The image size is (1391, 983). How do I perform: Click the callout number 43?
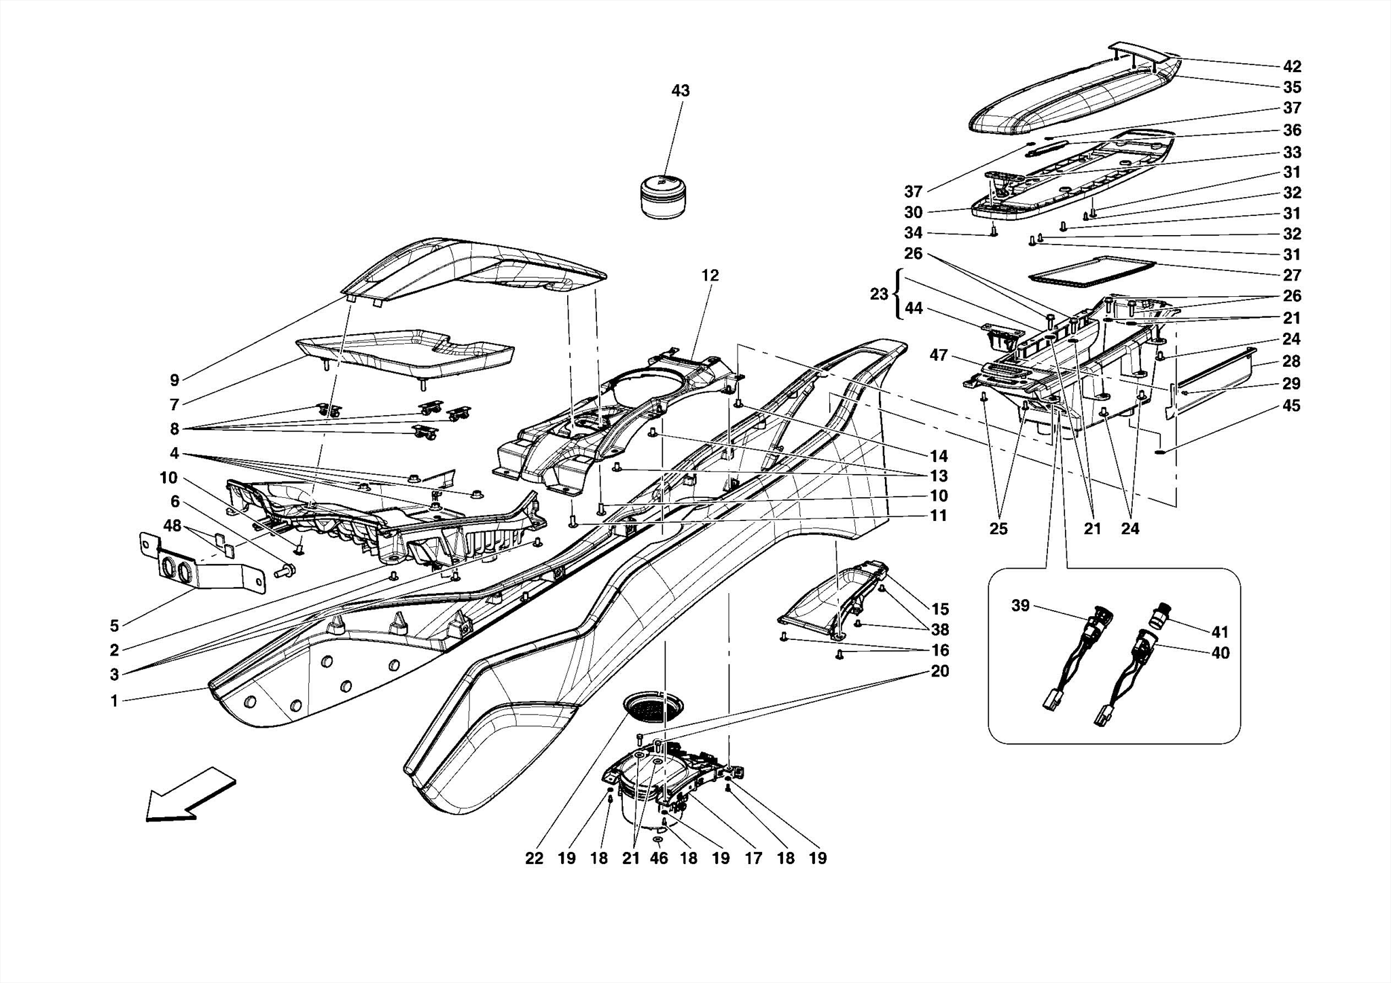click(x=680, y=91)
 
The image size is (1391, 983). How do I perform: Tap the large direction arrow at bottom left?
click(x=190, y=795)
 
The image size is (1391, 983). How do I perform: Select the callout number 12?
click(x=710, y=276)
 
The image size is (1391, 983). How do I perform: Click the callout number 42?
click(x=1292, y=67)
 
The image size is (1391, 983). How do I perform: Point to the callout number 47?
click(x=938, y=355)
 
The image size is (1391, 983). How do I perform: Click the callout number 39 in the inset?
click(x=1020, y=606)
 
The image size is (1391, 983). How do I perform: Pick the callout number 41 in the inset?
click(x=1220, y=632)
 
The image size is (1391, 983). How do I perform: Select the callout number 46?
click(x=658, y=859)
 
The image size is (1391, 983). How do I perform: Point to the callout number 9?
click(x=175, y=380)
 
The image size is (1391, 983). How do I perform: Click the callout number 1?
click(x=115, y=701)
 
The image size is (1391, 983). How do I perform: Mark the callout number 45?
click(x=1291, y=406)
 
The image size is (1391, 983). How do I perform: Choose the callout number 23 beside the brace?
click(x=879, y=295)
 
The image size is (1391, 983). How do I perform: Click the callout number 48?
click(x=173, y=525)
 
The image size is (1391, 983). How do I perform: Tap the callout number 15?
click(x=940, y=609)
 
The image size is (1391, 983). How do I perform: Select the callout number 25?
click(x=998, y=529)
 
